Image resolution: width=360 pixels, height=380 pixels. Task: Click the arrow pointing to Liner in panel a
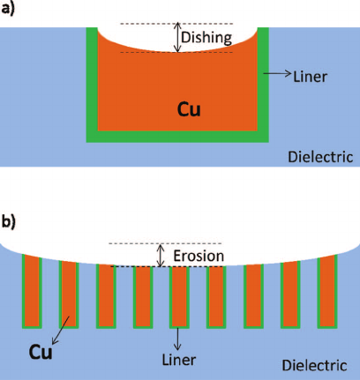click(285, 77)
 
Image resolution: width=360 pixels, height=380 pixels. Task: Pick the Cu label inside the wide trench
click(187, 110)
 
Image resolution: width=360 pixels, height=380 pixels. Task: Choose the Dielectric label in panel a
click(320, 157)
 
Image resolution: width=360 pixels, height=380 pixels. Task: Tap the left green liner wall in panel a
click(91, 84)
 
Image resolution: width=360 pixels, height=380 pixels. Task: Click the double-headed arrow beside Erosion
click(160, 255)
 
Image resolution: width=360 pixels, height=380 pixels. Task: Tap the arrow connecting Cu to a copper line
click(58, 332)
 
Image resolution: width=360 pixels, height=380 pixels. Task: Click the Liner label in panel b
click(178, 360)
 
